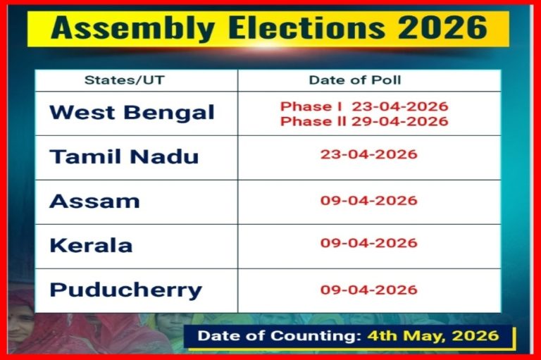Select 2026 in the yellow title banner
point(441,29)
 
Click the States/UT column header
point(124,80)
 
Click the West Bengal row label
point(132,113)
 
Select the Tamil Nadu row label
point(124,156)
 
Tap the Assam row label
point(94,201)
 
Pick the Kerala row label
point(91,245)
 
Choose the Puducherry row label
point(125,290)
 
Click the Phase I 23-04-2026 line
point(364,106)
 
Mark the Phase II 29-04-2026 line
point(364,121)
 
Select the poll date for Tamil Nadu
point(368,154)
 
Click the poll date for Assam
point(368,200)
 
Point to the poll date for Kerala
point(368,243)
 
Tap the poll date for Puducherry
point(368,290)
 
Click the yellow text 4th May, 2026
point(433,335)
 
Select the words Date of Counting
point(280,335)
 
